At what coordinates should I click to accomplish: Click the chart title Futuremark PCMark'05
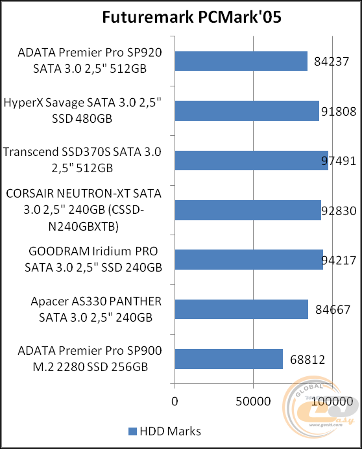[181, 17]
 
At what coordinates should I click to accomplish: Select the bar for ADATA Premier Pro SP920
[241, 61]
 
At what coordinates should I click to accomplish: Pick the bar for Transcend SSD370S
[251, 160]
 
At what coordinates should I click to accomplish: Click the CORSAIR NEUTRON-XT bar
[247, 210]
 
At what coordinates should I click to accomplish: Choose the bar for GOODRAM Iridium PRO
[248, 259]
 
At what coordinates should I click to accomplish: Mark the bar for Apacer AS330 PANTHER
[241, 309]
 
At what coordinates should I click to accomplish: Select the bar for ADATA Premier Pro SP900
[228, 359]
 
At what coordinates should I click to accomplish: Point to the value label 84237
[332, 62]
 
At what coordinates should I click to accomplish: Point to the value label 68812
[307, 359]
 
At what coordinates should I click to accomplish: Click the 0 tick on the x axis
[174, 402]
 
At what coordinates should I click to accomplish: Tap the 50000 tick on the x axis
[252, 402]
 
